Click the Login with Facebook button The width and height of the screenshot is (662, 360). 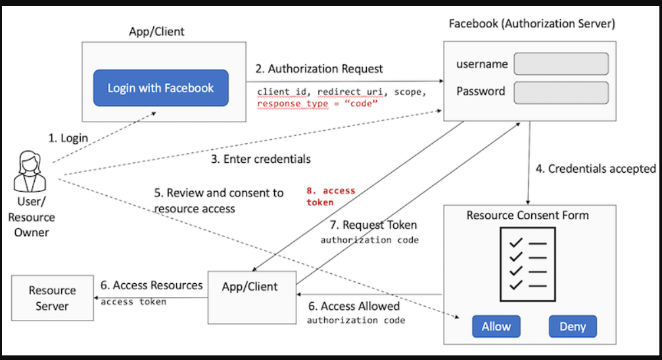[x=161, y=88]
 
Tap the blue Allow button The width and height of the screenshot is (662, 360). [x=496, y=326]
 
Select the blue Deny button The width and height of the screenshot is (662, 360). [x=573, y=326]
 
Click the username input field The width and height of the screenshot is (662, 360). [x=561, y=64]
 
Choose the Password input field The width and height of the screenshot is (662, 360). [x=561, y=93]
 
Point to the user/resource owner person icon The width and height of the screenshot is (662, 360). [x=30, y=171]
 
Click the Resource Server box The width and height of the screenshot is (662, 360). [x=53, y=298]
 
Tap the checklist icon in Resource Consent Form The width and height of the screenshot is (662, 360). [x=528, y=265]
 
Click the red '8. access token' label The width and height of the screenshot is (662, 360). [x=331, y=196]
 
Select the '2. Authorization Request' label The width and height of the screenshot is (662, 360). [x=319, y=69]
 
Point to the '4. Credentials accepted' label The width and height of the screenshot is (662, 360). [x=596, y=169]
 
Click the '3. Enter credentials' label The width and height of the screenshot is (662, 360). [x=261, y=159]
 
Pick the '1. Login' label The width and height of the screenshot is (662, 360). [x=68, y=138]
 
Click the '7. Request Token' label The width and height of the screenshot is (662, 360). [x=373, y=225]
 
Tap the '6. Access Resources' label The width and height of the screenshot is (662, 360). [x=152, y=285]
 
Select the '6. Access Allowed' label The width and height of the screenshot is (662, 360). [x=354, y=306]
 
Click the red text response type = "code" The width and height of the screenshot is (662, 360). [x=317, y=104]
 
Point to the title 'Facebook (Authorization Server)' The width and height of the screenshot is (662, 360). [x=532, y=24]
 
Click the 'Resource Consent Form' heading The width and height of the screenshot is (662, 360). [x=528, y=215]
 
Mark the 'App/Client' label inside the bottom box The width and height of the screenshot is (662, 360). [x=250, y=286]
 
